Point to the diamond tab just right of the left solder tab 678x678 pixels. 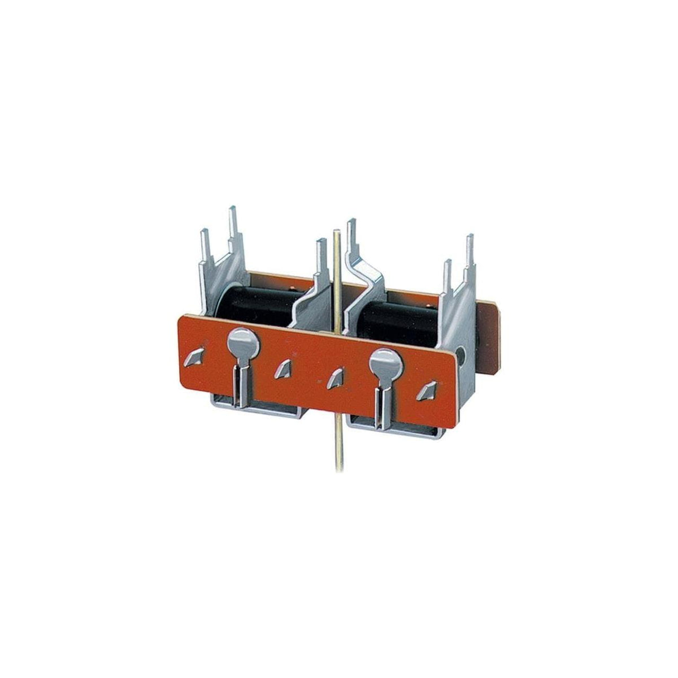(x=282, y=368)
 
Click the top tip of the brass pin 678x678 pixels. (x=337, y=232)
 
